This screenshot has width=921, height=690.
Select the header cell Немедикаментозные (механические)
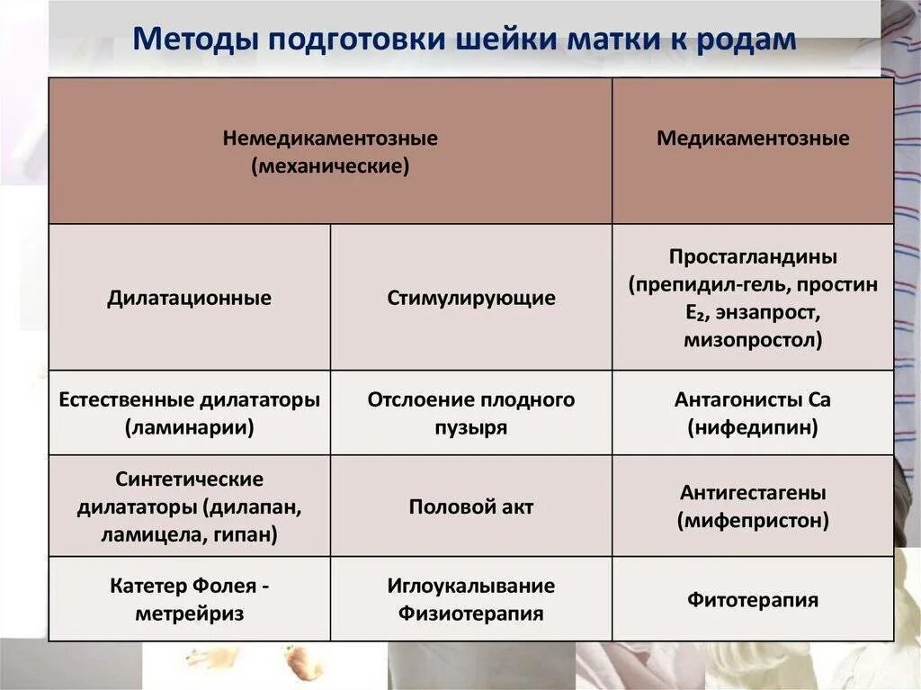click(x=330, y=152)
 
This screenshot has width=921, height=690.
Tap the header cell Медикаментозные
click(x=752, y=139)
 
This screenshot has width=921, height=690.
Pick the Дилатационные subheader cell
click(x=189, y=298)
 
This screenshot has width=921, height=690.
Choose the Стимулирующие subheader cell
click(x=471, y=298)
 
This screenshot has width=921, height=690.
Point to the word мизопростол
click(x=752, y=341)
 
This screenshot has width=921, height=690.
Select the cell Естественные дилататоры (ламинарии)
click(x=189, y=413)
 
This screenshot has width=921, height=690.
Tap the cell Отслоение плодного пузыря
click(x=471, y=413)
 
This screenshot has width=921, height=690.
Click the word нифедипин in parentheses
click(x=752, y=427)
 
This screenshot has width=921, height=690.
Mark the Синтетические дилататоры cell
click(x=189, y=506)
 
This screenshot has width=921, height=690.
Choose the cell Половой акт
click(x=471, y=506)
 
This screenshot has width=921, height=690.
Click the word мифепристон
click(x=752, y=521)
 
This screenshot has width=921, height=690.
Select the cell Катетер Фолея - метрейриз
click(x=189, y=599)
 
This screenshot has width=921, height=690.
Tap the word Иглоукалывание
click(x=471, y=586)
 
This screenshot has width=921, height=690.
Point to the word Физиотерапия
click(x=471, y=614)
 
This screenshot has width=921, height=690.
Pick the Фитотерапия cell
click(x=752, y=599)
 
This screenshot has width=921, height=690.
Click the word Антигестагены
click(x=752, y=493)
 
